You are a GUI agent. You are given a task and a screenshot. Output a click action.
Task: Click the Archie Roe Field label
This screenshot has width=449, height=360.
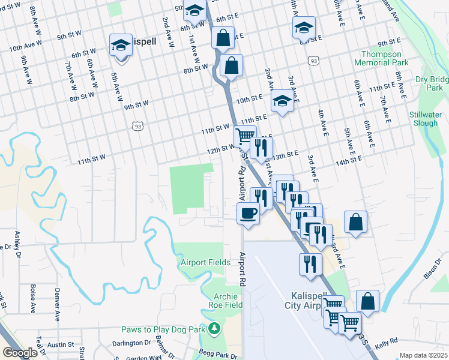221,301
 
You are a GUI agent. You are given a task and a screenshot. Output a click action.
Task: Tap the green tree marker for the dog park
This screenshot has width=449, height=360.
214,329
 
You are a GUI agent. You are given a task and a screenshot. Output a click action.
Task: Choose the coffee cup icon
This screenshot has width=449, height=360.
248,212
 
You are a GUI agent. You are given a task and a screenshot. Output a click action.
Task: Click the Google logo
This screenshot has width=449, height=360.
20,353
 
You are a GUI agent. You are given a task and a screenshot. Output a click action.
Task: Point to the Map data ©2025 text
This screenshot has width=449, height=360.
423,355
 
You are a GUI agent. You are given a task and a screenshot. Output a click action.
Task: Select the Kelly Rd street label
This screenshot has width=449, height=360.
385,341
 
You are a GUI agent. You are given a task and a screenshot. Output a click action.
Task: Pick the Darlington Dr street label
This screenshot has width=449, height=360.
131,343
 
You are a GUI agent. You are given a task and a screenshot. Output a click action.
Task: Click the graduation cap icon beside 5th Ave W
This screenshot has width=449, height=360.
121,45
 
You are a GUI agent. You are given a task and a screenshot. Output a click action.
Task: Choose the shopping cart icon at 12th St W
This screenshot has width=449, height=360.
244,136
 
